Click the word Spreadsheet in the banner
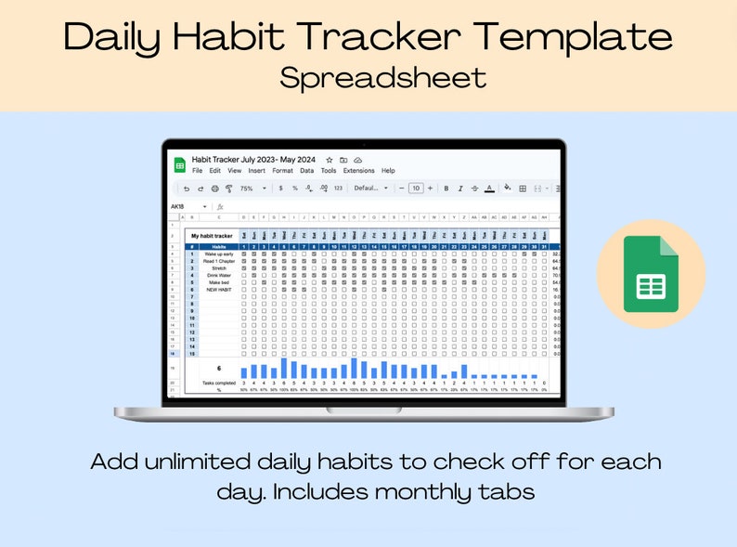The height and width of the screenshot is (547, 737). [382, 77]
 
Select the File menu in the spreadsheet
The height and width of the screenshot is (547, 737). [197, 171]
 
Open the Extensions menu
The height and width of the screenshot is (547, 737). [358, 171]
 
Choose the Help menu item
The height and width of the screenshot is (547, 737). [388, 171]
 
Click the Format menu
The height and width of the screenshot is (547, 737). [282, 171]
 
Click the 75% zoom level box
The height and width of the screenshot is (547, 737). [247, 189]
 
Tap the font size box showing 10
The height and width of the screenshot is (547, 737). [417, 189]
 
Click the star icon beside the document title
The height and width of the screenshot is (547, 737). [329, 160]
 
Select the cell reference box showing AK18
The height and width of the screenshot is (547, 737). [178, 206]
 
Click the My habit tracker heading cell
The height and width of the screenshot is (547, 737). [213, 236]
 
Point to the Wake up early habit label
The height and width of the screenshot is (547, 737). [219, 254]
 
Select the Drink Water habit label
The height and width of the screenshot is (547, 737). [219, 276]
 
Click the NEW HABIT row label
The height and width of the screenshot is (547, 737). [219, 290]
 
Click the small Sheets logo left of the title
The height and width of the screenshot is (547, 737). [179, 164]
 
